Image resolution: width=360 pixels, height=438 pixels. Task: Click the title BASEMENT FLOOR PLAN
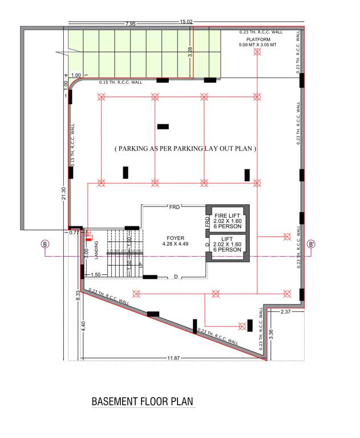tap(143, 401)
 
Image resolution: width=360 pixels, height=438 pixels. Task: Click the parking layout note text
tap(185, 148)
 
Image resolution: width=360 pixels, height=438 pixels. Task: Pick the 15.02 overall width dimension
tap(186, 22)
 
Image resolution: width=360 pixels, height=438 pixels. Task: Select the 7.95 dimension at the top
tap(131, 25)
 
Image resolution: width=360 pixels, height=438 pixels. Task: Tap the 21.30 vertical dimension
tap(64, 194)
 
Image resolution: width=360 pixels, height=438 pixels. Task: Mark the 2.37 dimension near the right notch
tap(286, 311)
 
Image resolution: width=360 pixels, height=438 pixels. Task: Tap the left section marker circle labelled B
tap(45, 244)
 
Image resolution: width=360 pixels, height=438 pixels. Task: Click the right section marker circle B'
tap(312, 244)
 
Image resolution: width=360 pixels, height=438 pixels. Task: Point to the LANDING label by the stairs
tap(97, 250)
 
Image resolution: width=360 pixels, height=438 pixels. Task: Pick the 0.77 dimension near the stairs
tap(74, 233)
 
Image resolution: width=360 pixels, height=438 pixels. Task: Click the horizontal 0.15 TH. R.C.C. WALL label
tap(120, 82)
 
